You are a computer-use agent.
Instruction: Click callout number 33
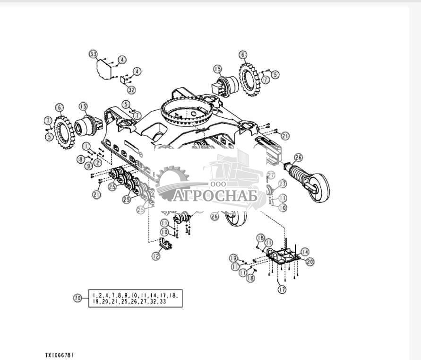click(x=93, y=54)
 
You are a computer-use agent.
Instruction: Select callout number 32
click(x=131, y=89)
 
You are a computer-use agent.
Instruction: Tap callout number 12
click(x=156, y=256)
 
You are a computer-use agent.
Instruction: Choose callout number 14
click(x=305, y=252)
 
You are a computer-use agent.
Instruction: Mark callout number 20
click(x=310, y=261)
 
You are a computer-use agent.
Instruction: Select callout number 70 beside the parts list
click(x=77, y=298)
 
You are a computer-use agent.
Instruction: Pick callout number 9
click(x=88, y=166)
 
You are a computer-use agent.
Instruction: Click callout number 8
click(x=81, y=159)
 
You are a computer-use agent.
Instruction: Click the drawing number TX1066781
click(x=60, y=354)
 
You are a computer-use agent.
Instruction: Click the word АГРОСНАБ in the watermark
click(x=215, y=195)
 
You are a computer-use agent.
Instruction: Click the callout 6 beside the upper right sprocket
click(x=243, y=55)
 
